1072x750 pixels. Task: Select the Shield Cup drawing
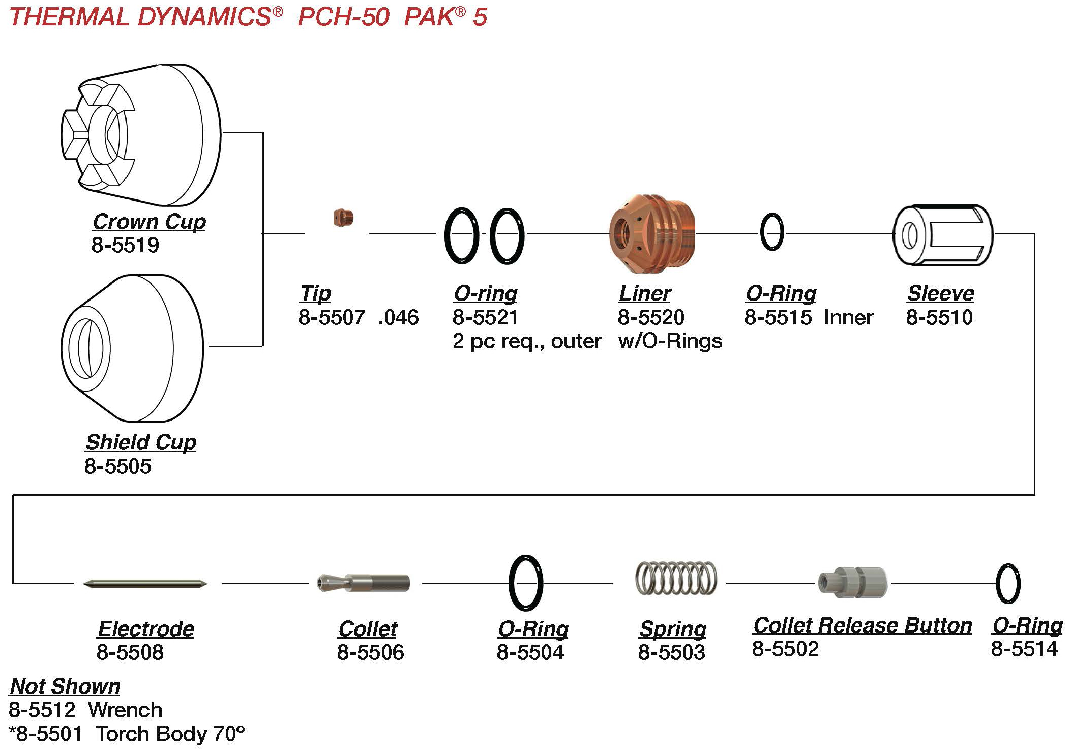(132, 348)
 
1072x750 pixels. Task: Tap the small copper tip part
(343, 218)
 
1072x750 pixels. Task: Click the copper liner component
(652, 233)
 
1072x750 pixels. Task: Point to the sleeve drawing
(942, 235)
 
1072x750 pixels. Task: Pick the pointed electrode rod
(145, 584)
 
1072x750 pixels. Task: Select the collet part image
(364, 583)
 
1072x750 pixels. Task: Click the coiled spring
(676, 578)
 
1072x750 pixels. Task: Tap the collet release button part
(853, 582)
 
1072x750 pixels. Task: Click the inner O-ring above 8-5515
(771, 232)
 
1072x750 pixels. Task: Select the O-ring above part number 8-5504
(526, 583)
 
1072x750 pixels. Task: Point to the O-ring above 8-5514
(1007, 583)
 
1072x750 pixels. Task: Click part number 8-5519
(125, 245)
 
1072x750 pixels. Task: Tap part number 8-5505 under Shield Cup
(117, 466)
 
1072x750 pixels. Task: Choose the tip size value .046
(398, 317)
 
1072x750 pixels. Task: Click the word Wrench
(125, 710)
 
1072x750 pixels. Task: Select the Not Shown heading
(65, 686)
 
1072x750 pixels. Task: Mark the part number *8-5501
(46, 734)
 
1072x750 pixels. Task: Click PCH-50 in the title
(344, 17)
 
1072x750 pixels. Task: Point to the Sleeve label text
(940, 293)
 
